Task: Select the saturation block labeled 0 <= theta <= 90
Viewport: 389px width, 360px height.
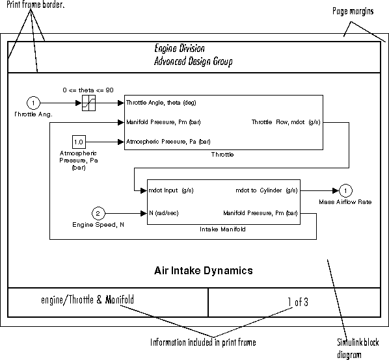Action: coord(88,103)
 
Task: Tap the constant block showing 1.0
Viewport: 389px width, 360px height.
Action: coord(79,142)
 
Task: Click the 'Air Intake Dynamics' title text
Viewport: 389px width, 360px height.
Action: coord(204,270)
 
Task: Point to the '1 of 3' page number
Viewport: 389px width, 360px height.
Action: coord(298,302)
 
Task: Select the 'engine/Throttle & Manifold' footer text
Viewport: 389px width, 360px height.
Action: coord(87,300)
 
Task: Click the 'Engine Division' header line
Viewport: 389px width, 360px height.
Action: coord(180,48)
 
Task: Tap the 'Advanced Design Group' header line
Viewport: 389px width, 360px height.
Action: coord(193,61)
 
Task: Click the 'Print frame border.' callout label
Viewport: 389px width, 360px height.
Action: coord(36,5)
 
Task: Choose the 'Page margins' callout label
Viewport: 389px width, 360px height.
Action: coord(353,11)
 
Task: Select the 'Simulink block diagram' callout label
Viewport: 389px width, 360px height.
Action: coord(358,348)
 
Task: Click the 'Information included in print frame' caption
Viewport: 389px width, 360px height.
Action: coord(203,342)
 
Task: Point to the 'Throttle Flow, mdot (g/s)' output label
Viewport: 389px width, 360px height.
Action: coord(286,122)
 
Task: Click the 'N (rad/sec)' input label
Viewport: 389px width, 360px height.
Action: coord(164,213)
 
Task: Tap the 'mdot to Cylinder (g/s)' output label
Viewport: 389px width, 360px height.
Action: coord(267,190)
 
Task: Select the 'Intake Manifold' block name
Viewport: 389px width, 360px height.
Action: coord(222,229)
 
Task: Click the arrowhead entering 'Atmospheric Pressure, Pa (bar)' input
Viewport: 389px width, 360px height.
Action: coord(121,142)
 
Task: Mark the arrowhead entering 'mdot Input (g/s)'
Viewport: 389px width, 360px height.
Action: coord(144,190)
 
